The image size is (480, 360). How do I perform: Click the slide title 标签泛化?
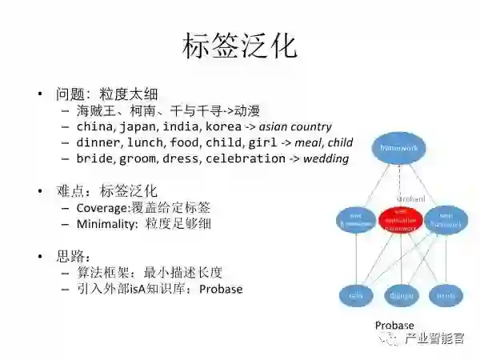240,46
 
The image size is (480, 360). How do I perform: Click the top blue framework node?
399,148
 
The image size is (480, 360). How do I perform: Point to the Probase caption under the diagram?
394,325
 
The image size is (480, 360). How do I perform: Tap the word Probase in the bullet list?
221,289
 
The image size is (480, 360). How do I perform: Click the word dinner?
99,142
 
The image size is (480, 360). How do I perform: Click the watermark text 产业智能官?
435,339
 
